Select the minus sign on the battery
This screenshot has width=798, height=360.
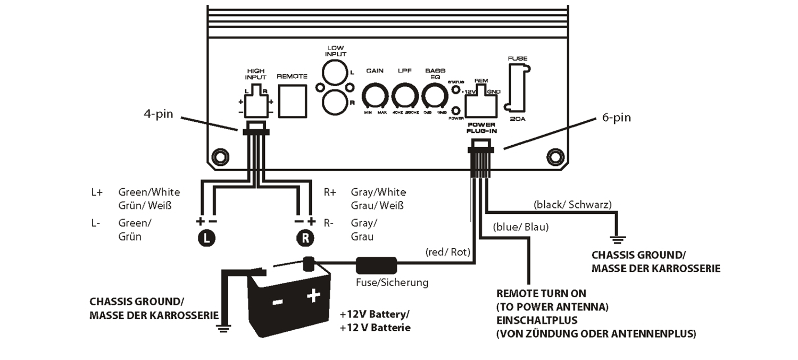(277, 302)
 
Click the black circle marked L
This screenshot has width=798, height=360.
(207, 239)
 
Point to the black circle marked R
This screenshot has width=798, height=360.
(304, 239)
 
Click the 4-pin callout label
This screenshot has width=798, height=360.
(158, 114)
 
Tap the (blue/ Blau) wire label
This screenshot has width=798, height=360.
(521, 227)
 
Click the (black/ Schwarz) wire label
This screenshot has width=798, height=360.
(571, 204)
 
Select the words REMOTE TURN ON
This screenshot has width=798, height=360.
(541, 294)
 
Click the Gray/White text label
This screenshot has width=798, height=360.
(378, 192)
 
